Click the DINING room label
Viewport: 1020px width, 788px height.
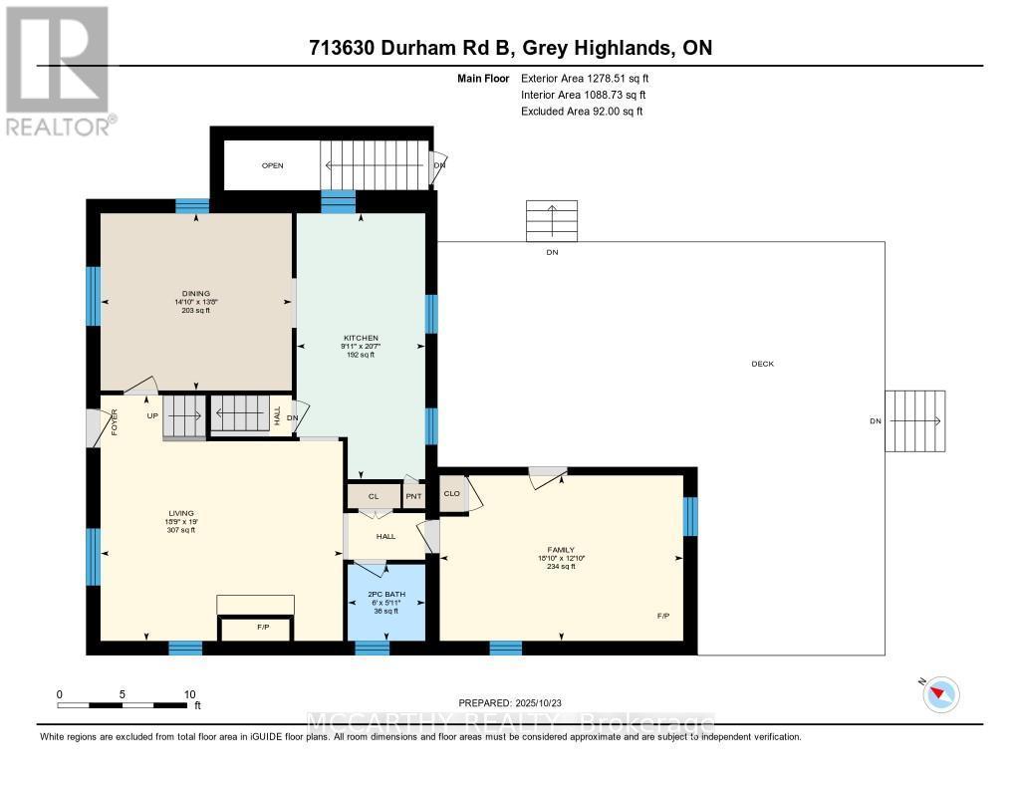click(x=195, y=293)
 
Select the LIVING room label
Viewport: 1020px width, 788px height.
click(x=180, y=513)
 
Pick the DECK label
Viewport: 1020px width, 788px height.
click(x=762, y=364)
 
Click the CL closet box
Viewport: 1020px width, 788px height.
click(x=374, y=495)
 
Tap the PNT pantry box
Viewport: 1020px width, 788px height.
click(x=413, y=495)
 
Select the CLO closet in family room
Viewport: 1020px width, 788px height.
click(x=452, y=493)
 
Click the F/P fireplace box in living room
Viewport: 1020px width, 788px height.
click(x=256, y=629)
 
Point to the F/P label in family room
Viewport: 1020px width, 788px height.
click(x=663, y=617)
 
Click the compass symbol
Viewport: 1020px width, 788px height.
click(x=940, y=693)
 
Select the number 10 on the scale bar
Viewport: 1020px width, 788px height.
click(x=189, y=694)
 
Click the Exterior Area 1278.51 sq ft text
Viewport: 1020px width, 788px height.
click(x=587, y=78)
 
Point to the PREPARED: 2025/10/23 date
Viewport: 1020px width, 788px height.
click(x=517, y=702)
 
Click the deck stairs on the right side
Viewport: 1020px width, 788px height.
click(x=914, y=420)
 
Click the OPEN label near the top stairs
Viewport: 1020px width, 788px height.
click(x=273, y=165)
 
